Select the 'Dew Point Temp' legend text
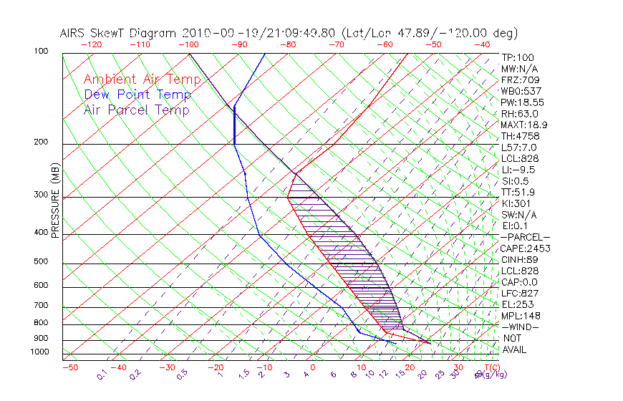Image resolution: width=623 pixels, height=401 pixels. coord(137,95)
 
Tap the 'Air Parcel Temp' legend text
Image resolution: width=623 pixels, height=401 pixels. coord(137,110)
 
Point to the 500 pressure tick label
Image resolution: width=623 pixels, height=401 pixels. coord(41,262)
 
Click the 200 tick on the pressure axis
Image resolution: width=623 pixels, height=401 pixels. coord(41,142)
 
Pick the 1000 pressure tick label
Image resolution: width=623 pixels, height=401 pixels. coord(39,352)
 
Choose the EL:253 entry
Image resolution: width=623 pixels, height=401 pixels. coord(518,304)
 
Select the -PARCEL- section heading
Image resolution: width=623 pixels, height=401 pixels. coord(525,237)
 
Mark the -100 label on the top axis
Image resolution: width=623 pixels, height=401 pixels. coord(189,44)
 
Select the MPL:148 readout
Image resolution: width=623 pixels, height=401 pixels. coord(520,316)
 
